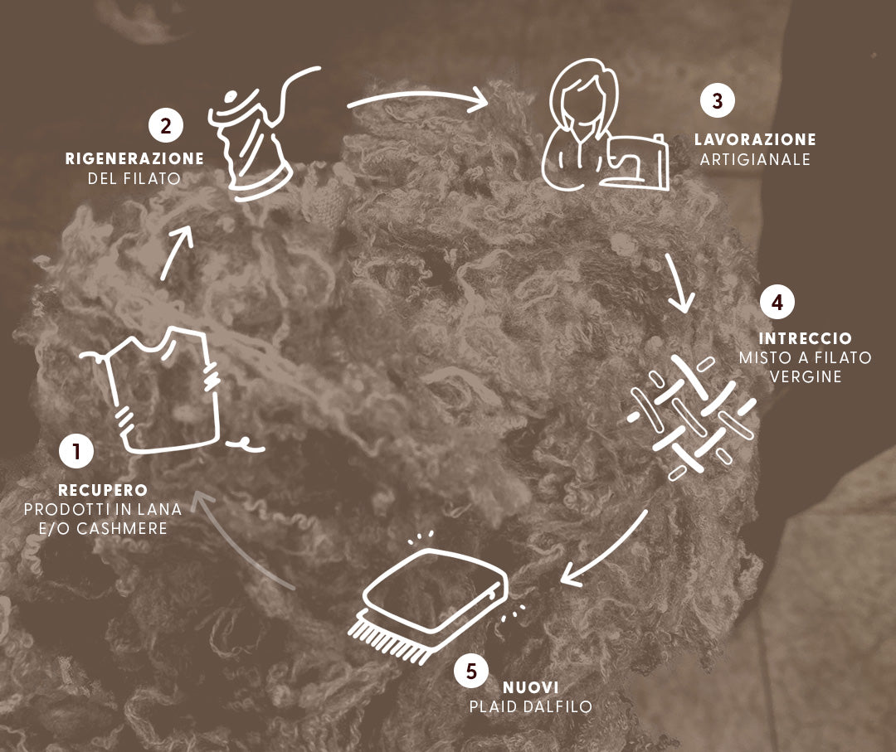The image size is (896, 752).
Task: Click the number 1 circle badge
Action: click(76, 451)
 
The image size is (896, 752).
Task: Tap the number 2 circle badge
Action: click(166, 126)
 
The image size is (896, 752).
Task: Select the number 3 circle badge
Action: click(718, 100)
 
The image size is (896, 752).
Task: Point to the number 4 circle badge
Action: click(777, 302)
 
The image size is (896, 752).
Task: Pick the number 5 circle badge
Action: click(471, 671)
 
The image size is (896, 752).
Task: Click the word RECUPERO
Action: click(103, 490)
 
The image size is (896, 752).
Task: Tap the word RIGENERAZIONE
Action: click(134, 158)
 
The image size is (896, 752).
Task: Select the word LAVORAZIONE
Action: click(755, 139)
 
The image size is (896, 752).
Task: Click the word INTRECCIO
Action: click(805, 338)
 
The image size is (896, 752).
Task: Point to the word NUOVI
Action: click(530, 687)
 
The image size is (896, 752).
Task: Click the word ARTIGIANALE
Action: click(755, 159)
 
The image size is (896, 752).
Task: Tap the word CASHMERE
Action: click(122, 529)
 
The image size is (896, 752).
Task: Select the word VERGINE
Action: click(805, 377)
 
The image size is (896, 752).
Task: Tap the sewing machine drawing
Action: click(635, 162)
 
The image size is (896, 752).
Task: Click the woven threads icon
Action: click(691, 417)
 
